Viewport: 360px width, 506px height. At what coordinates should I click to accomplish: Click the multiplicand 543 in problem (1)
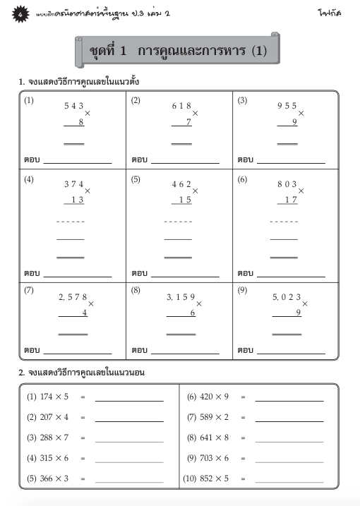click(74, 106)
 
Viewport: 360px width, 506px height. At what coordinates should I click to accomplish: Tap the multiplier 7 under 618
click(189, 122)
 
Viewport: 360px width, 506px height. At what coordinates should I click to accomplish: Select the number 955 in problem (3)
click(287, 106)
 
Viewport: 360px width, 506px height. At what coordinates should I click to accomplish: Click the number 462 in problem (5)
click(181, 184)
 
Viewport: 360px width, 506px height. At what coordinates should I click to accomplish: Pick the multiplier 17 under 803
click(289, 200)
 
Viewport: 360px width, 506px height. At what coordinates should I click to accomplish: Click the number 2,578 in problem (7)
click(73, 297)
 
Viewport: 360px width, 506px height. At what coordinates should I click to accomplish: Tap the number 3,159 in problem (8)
click(181, 297)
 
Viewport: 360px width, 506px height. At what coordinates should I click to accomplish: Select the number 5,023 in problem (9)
click(287, 297)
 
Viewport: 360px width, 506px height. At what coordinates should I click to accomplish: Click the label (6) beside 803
click(242, 179)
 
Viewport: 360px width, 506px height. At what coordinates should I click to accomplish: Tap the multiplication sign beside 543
click(88, 113)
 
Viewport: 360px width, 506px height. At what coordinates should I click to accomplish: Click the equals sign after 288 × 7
click(83, 439)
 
